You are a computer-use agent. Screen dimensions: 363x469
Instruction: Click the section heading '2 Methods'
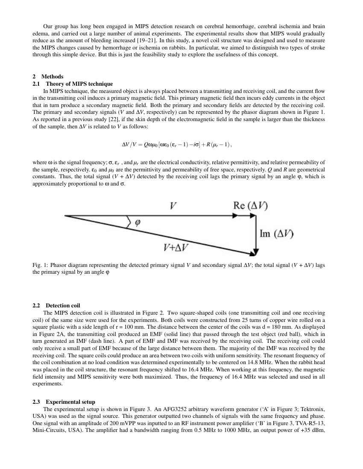[x=48, y=77]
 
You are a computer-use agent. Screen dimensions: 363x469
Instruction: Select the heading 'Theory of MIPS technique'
[x=79, y=84]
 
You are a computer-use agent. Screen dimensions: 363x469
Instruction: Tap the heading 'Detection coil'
[x=63, y=306]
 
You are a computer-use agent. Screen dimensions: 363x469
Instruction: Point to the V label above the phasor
[x=173, y=206]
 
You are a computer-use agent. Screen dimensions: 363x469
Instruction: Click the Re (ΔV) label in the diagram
[x=251, y=206]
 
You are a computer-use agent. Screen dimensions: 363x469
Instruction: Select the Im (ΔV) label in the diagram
[x=276, y=234]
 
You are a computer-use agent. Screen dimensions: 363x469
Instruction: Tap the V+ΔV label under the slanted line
[x=176, y=247]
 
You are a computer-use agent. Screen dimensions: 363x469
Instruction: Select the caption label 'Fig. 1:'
[x=40, y=265]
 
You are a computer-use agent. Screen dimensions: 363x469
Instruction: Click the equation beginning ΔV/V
[x=177, y=145]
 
